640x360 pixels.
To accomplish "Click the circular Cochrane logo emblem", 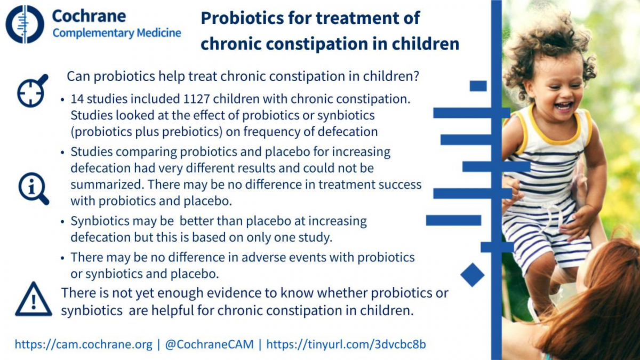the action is coord(25,25).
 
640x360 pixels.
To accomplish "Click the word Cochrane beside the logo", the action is coord(89,16).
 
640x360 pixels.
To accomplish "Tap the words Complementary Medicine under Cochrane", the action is coord(117,33).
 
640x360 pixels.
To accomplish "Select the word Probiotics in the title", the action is coord(242,18).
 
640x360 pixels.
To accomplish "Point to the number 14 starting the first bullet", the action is coord(77,99).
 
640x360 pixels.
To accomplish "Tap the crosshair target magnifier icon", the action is coord(33,91).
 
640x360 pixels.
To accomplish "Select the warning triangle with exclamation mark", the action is coord(34,299).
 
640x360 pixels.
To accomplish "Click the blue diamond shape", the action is coord(473,275).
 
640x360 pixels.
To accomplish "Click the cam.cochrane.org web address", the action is coord(83,345).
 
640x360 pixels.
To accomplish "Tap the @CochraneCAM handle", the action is coord(210,345).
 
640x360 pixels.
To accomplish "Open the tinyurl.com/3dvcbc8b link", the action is coord(346,345).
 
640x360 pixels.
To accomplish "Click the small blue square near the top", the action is coord(478,86).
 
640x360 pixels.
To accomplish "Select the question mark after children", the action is coord(416,76).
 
